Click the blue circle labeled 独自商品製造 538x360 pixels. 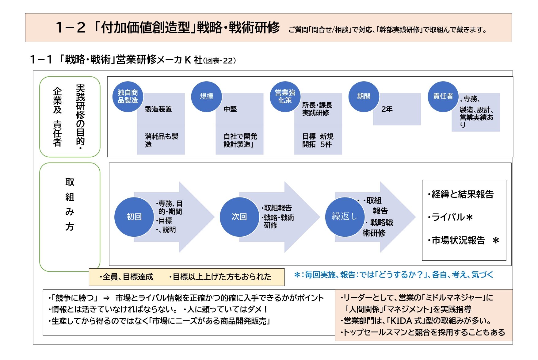click(128, 97)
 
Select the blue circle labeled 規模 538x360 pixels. click(207, 97)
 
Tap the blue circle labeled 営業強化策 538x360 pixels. click(285, 97)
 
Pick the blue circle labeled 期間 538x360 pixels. click(364, 97)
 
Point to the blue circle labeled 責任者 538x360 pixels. click(443, 97)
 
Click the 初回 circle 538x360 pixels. click(134, 217)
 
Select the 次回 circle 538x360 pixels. click(239, 217)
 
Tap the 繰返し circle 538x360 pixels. click(345, 217)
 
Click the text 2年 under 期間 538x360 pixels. click(387, 109)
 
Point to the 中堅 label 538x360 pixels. click(230, 109)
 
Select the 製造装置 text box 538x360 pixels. click(158, 109)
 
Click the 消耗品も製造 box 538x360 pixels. click(161, 140)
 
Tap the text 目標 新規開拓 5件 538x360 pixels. click(318, 140)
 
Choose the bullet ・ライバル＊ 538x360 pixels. click(450, 217)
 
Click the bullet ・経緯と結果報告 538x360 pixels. click(460, 194)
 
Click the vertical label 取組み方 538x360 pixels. click(70, 204)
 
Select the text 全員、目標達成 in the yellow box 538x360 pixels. click(126, 277)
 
